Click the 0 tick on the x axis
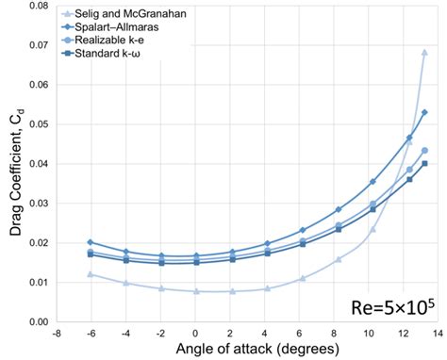[x=195, y=334]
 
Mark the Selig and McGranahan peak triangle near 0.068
[x=424, y=53]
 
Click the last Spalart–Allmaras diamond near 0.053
[x=424, y=112]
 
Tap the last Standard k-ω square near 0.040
[x=424, y=163]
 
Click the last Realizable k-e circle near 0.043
[x=424, y=151]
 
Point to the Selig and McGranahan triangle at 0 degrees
[x=196, y=291]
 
